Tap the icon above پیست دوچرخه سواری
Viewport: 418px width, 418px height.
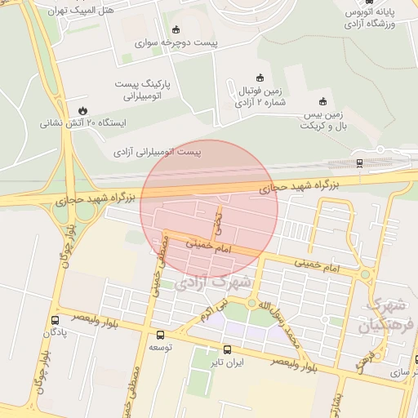point(176,29)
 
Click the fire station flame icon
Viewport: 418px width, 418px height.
point(82,110)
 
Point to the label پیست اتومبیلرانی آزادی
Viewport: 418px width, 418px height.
point(157,152)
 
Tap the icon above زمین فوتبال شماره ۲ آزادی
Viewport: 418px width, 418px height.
point(260,78)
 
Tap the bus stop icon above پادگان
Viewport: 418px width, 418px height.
point(55,320)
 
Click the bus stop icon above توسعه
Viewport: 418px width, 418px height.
point(159,335)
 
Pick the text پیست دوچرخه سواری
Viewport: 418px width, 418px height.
point(175,43)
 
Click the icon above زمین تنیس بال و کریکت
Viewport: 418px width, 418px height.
point(323,101)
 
